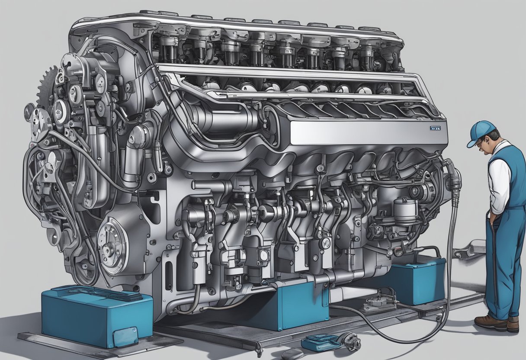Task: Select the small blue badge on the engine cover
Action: pos(435,129)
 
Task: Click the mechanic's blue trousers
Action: pos(502,264)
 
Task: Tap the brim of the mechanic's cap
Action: pos(472,142)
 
